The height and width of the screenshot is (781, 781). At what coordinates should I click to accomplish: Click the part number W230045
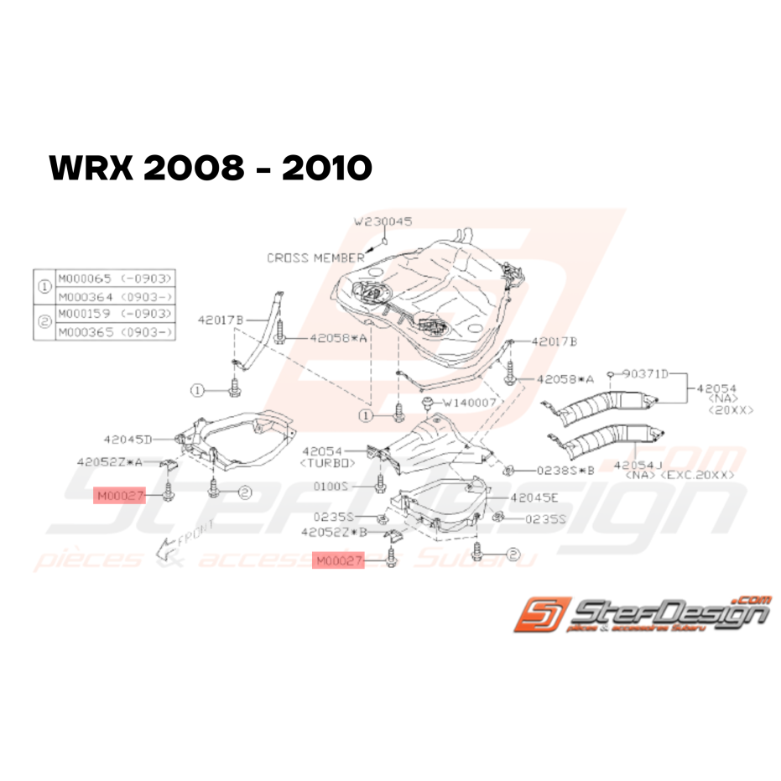[383, 222]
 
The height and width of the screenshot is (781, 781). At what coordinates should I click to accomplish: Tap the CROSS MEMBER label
[316, 258]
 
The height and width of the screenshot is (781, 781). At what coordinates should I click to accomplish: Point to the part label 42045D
[128, 439]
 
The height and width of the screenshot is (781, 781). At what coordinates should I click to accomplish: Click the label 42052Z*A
[110, 461]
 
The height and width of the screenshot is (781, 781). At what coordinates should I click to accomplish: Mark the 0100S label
[352, 486]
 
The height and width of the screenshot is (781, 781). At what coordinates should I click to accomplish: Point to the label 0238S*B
[553, 470]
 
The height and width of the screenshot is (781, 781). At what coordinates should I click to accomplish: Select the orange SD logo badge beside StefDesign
[543, 613]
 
